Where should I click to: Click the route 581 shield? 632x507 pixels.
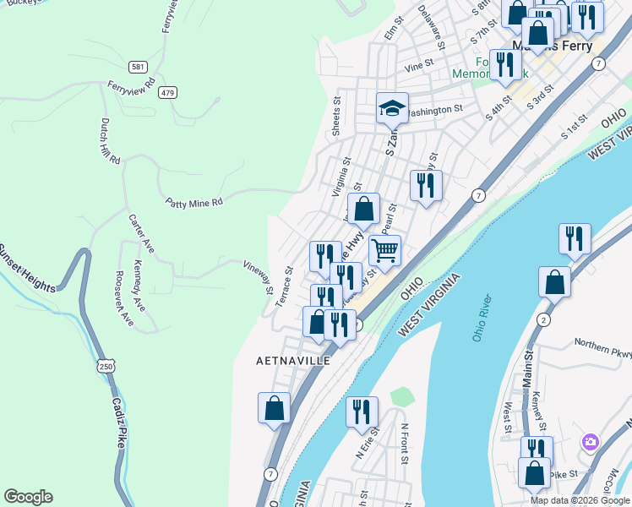[136, 66]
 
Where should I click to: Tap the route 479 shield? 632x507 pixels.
[169, 92]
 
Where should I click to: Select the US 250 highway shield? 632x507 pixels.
[105, 366]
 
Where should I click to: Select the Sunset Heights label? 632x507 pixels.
[28, 269]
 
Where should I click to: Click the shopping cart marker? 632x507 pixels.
[384, 250]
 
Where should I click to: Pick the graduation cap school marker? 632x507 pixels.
[392, 107]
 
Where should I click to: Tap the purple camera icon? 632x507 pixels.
[590, 442]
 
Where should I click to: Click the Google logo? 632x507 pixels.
[28, 497]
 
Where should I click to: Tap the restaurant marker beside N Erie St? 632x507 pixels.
[362, 412]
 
